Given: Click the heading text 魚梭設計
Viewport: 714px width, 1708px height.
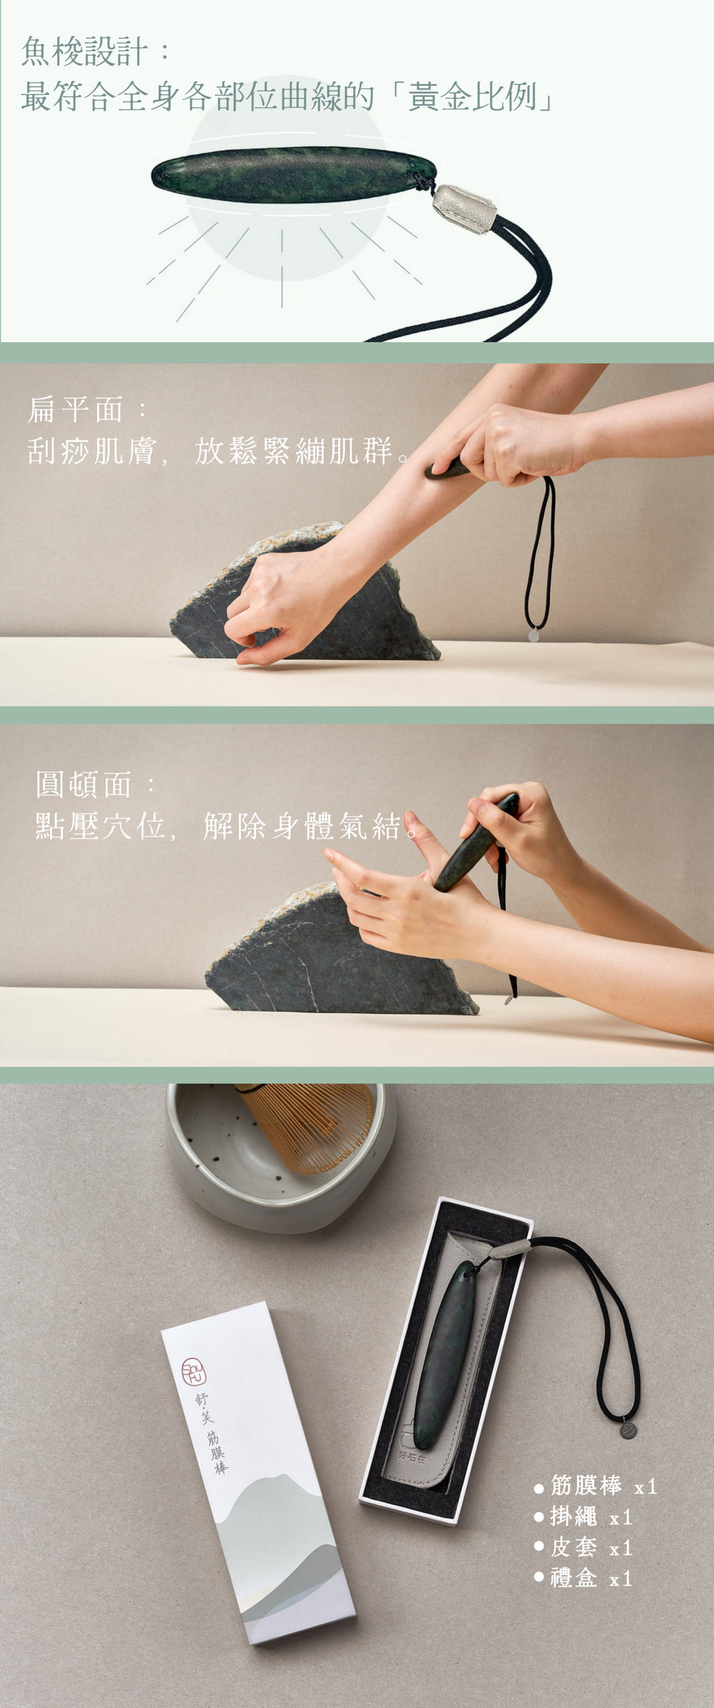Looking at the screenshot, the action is [x=84, y=52].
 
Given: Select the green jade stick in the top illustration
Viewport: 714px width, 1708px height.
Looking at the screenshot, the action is [x=293, y=175].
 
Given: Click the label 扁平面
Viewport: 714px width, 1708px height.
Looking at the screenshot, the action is [x=76, y=409].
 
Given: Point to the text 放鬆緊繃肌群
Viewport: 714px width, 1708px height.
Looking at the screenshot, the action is [x=293, y=451].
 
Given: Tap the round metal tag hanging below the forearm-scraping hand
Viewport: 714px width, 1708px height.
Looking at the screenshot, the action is [x=533, y=634].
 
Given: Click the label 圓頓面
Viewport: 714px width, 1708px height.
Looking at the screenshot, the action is [x=84, y=784].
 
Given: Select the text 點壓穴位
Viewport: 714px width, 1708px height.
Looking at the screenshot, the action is [x=100, y=826].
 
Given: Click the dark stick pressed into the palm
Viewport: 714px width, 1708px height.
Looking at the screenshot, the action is [x=476, y=843].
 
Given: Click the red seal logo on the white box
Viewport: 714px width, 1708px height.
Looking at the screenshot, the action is [x=193, y=1372].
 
